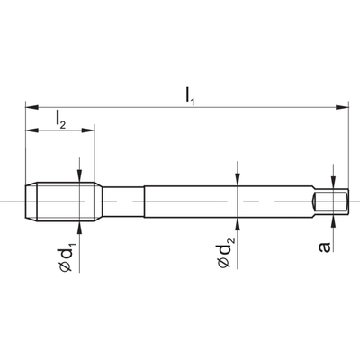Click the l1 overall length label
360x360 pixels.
point(190,97)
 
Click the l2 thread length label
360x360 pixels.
point(60,120)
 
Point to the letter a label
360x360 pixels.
point(325,247)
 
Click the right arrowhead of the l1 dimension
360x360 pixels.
point(342,107)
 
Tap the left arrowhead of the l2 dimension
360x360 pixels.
point(32,130)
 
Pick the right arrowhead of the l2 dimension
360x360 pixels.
point(88,130)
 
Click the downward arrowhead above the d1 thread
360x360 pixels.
point(79,175)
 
